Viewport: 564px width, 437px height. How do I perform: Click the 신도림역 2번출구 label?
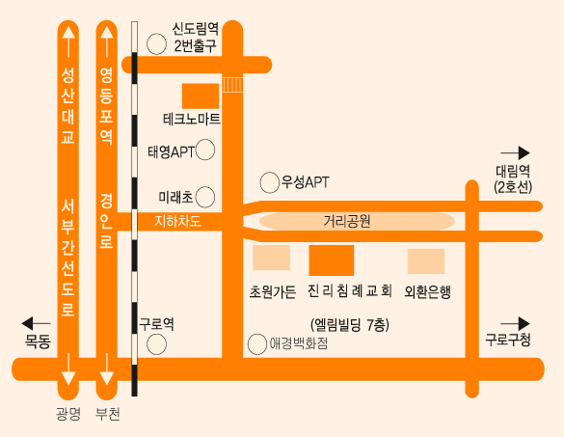pos(196,38)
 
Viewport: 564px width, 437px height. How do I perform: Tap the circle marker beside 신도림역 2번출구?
pos(156,44)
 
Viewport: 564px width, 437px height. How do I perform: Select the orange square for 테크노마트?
pos(201,96)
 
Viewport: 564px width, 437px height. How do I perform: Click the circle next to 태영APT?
pos(205,150)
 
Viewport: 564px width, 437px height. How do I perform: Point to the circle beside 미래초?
pos(205,197)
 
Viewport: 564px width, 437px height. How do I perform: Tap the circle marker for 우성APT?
pos(269,182)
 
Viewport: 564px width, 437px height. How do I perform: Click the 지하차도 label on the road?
pos(177,221)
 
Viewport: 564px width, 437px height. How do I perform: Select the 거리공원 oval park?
pos(357,221)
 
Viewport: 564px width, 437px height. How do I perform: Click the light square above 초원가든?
pos(271,258)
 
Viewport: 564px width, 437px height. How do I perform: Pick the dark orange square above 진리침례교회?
pos(332,260)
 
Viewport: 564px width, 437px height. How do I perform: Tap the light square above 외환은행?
pos(426,261)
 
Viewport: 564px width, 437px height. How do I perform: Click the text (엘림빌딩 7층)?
pos(350,325)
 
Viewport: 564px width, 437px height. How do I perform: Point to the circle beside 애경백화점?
pos(257,344)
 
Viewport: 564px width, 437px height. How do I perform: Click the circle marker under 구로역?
pos(156,344)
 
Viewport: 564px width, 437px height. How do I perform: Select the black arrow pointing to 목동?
pos(36,323)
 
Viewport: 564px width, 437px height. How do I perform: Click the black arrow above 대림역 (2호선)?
pos(515,153)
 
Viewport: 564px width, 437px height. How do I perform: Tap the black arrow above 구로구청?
pos(515,323)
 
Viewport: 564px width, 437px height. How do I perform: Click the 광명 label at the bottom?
pos(68,414)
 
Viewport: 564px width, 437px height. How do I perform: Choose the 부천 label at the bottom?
pos(108,414)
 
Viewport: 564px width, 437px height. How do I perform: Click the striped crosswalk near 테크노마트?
pos(232,85)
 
